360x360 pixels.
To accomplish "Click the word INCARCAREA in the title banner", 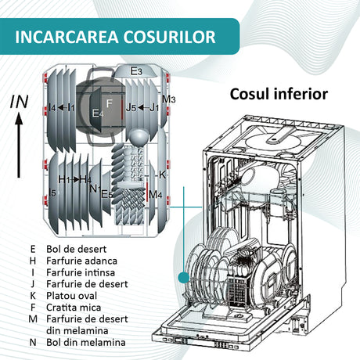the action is click(x=67, y=37).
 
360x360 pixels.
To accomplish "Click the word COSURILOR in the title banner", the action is click(x=170, y=37).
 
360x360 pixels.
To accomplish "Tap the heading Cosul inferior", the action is click(x=279, y=94).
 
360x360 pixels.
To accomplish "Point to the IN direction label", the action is click(x=19, y=102).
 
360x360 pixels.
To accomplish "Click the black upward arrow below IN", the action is click(x=19, y=146).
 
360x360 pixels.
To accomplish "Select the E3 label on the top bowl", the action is click(x=136, y=71).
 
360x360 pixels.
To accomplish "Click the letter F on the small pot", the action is click(x=109, y=103).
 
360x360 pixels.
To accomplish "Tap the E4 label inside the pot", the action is click(x=98, y=113).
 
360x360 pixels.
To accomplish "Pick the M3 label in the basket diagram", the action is click(x=169, y=99).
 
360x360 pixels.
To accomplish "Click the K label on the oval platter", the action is click(x=162, y=175).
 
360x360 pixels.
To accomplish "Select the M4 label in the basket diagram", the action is click(x=156, y=194).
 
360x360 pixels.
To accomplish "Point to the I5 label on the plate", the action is click(x=52, y=193).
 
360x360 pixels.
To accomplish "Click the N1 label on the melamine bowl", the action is click(x=95, y=188).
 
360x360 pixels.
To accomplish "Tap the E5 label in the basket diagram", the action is click(x=107, y=194).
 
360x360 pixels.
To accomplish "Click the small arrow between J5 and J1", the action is click(x=143, y=107).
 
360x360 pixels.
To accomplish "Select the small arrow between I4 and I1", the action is click(x=62, y=107).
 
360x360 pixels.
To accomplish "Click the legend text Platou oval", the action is click(x=71, y=296).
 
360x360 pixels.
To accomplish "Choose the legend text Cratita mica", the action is click(x=74, y=308).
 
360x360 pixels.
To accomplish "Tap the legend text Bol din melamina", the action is click(x=86, y=342).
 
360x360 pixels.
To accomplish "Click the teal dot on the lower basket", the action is click(x=184, y=277).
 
